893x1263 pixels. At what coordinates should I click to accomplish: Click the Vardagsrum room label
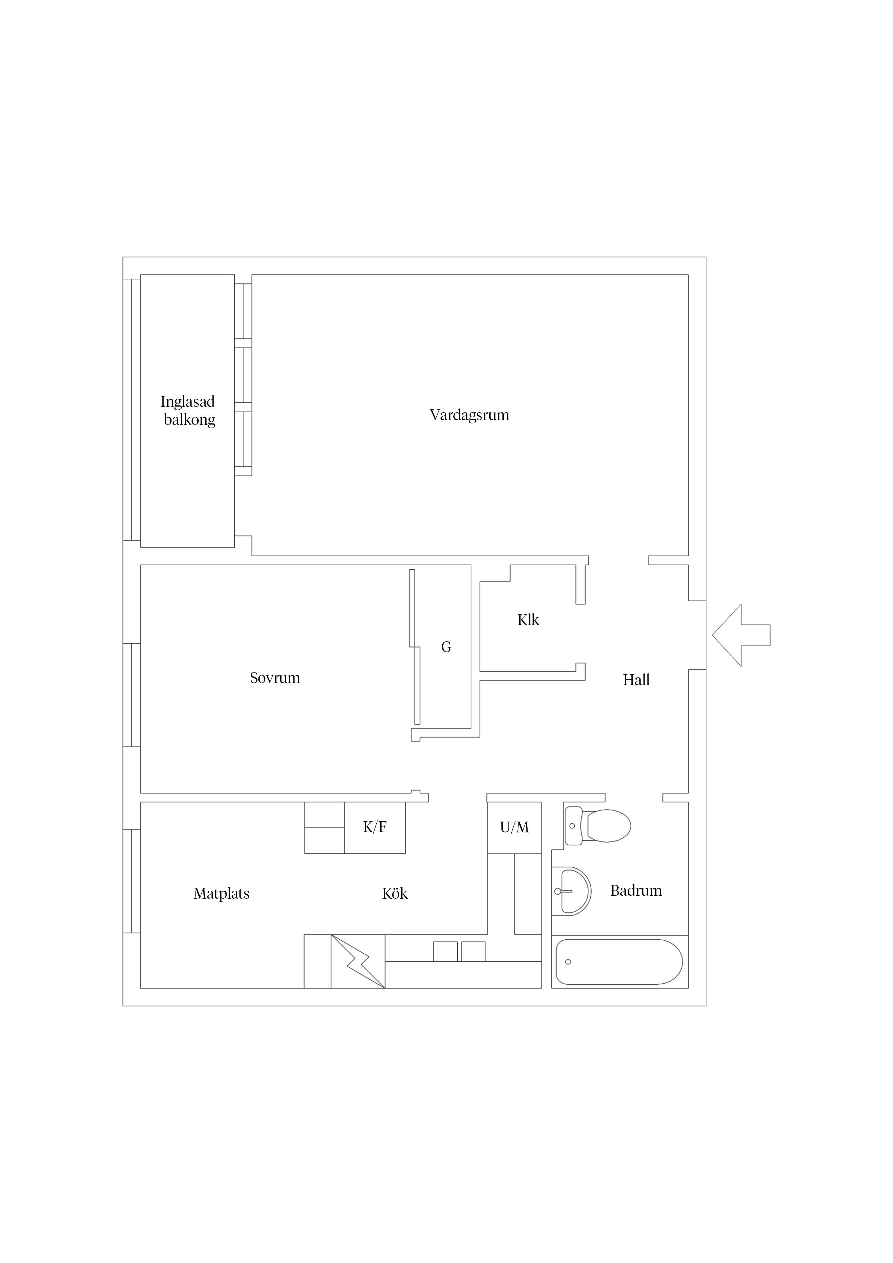[x=469, y=415]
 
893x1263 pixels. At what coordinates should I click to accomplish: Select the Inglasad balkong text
[x=188, y=410]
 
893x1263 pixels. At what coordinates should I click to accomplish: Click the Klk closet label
[x=528, y=620]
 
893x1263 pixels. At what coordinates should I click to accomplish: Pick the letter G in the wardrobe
[x=446, y=647]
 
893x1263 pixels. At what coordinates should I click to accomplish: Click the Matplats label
[x=222, y=894]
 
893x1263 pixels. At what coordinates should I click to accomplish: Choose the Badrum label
[x=636, y=891]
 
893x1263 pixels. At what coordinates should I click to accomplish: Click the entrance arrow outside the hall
[x=741, y=635]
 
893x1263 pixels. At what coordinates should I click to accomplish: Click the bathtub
[x=620, y=962]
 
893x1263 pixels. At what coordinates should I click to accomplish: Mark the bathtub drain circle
[x=568, y=962]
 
